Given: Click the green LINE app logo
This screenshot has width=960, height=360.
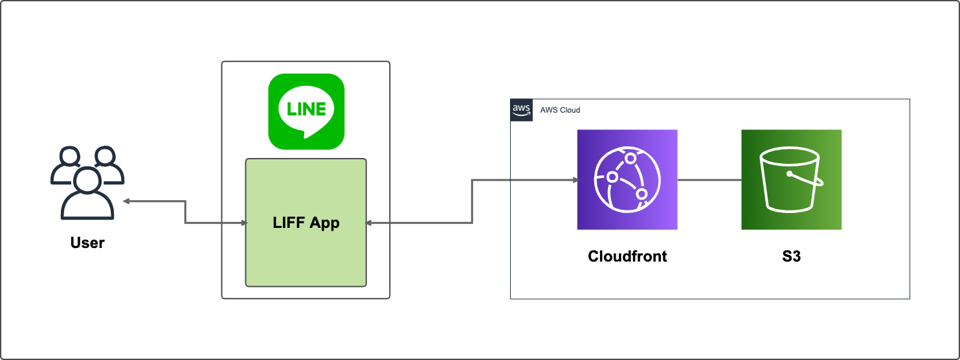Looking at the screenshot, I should (x=306, y=111).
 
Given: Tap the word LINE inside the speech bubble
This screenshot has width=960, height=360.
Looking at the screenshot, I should (x=306, y=109).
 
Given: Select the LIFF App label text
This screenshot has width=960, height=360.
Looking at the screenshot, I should (x=306, y=223).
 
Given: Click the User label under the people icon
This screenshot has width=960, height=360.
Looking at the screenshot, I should (x=87, y=243).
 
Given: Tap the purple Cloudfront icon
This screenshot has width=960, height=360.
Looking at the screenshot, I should (x=627, y=179).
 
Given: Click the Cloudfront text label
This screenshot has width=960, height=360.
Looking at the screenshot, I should (x=627, y=256).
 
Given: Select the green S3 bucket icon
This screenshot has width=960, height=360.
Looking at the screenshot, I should (x=791, y=179).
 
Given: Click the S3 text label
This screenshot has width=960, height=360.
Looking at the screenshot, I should (x=791, y=256).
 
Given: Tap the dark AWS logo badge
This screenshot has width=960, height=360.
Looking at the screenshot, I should (x=521, y=110).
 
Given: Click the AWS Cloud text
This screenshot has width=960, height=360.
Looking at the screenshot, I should (x=560, y=110).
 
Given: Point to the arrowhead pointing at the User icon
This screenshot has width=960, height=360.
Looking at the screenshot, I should (x=127, y=201).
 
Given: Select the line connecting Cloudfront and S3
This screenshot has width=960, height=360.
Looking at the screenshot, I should (x=709, y=180).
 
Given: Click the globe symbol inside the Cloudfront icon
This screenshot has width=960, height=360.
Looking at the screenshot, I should (x=627, y=179).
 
